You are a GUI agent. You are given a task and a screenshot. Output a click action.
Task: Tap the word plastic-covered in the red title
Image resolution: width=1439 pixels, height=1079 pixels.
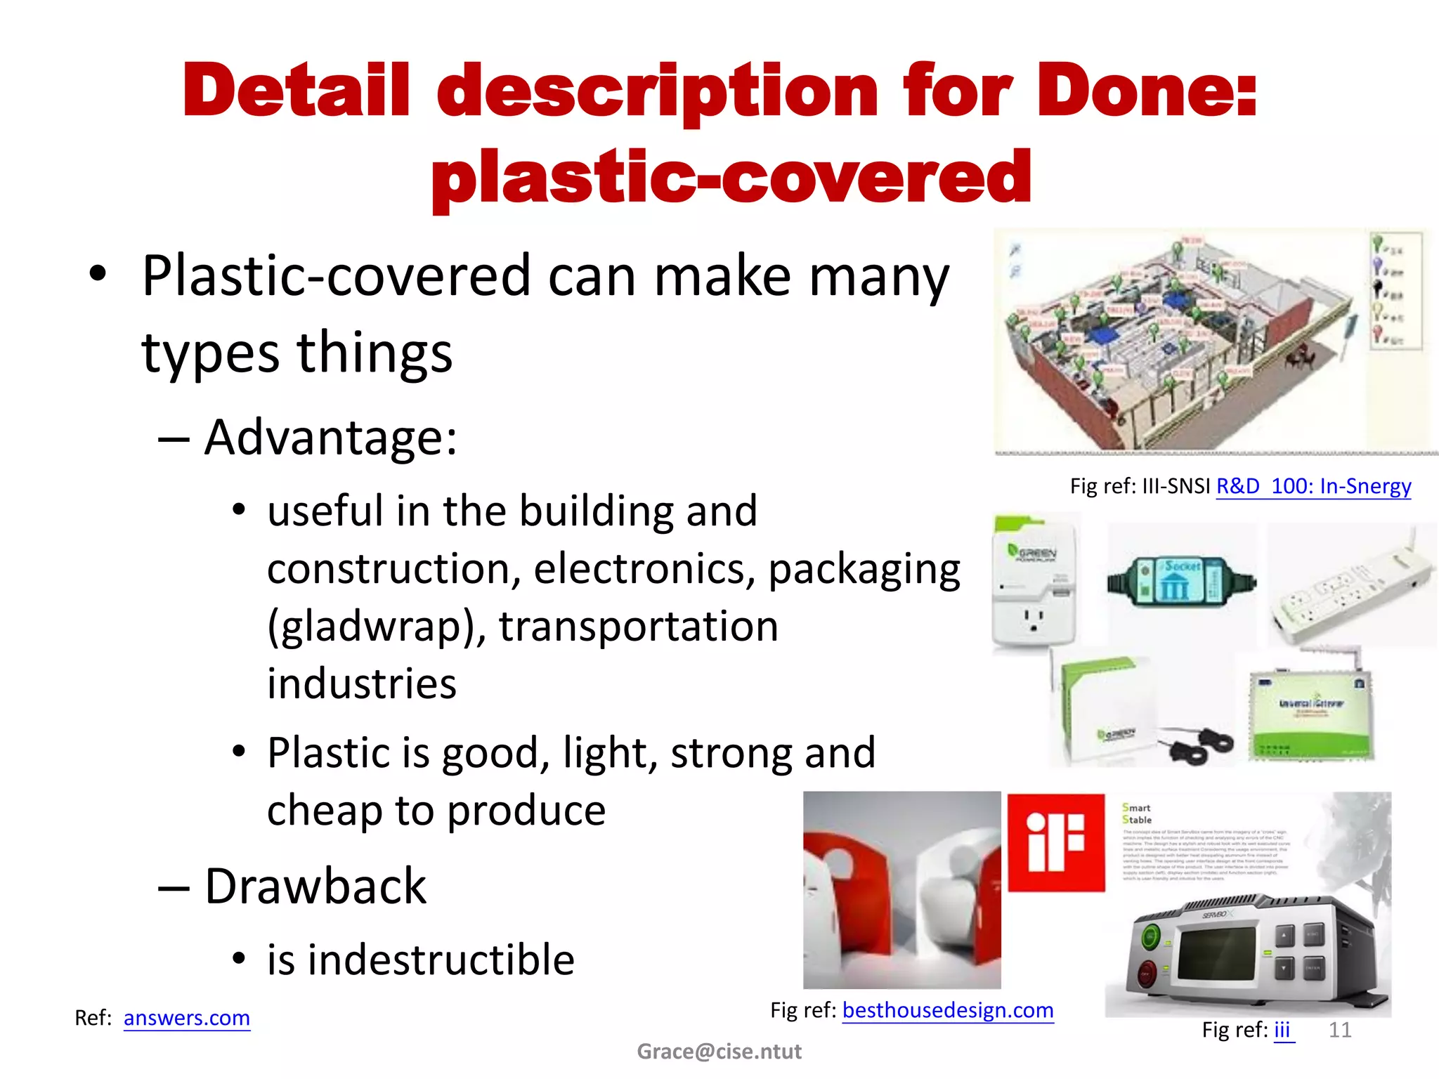(x=731, y=177)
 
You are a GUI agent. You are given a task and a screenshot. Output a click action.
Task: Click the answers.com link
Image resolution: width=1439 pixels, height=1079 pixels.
(x=186, y=1018)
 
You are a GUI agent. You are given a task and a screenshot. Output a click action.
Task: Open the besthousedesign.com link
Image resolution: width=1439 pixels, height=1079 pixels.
(x=948, y=1010)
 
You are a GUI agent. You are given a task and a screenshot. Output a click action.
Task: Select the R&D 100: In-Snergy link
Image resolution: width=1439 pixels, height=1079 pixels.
(x=1313, y=486)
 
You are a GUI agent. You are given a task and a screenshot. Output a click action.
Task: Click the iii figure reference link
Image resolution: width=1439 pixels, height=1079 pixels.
(x=1283, y=1030)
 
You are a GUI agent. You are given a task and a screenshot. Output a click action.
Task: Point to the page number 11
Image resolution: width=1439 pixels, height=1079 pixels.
(x=1340, y=1030)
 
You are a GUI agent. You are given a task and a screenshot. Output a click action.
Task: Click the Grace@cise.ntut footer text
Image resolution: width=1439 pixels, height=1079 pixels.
(x=719, y=1052)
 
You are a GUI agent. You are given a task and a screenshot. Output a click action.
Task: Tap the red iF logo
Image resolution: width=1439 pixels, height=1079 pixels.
(x=1056, y=842)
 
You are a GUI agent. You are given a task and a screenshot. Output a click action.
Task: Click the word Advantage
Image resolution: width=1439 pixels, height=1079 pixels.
(x=330, y=438)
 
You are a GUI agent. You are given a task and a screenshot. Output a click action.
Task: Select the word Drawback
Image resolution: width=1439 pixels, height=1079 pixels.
(x=315, y=887)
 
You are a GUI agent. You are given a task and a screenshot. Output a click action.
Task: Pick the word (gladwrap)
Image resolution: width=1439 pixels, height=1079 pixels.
(x=376, y=626)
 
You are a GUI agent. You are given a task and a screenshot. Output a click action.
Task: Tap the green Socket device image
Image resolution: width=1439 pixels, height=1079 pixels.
(x=1180, y=582)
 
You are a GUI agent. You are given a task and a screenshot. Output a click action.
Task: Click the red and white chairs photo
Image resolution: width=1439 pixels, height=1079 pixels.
(x=901, y=890)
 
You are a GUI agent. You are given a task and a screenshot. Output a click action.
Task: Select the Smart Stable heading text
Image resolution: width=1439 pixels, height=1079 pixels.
(x=1137, y=813)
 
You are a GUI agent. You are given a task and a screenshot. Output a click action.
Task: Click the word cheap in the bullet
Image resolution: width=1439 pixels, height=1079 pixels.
(x=323, y=811)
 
